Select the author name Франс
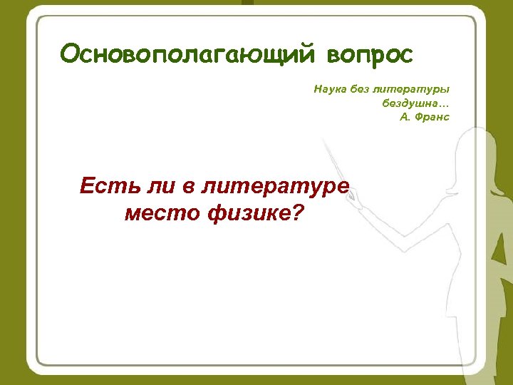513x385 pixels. click(434, 116)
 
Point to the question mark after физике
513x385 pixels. click(296, 212)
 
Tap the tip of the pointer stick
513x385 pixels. click(325, 141)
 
